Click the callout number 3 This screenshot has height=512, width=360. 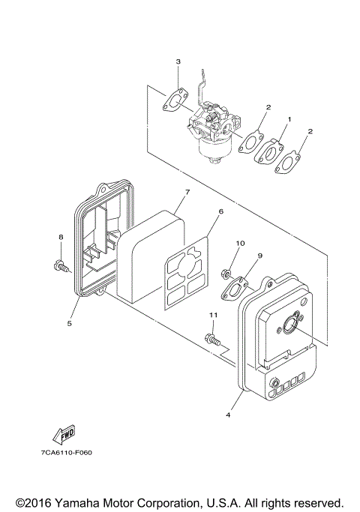click(x=178, y=61)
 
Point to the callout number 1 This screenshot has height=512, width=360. click(x=289, y=120)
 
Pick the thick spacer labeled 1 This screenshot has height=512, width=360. click(x=268, y=150)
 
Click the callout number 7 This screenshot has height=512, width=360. click(x=187, y=193)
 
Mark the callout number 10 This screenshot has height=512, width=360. click(x=241, y=243)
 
